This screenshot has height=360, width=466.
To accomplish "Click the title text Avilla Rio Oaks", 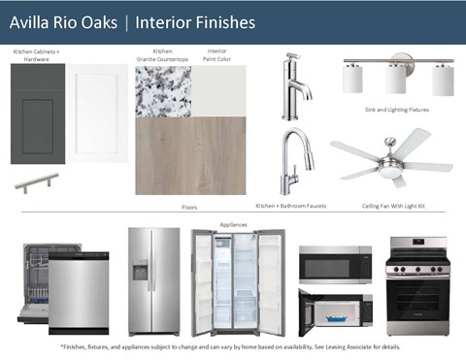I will click(61, 20).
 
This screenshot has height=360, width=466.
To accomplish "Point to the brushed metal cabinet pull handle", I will click(37, 181).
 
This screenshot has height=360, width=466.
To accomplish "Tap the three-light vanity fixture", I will click(399, 76).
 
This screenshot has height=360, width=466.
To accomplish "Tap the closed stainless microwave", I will click(335, 263).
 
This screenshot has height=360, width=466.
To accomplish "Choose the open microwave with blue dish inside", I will click(335, 311).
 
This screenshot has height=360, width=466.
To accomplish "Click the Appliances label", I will click(233, 224).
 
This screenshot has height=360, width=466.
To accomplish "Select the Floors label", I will click(189, 207).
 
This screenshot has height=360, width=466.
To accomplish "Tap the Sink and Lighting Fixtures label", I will click(396, 110).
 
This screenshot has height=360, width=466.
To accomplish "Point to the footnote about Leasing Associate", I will click(233, 346).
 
